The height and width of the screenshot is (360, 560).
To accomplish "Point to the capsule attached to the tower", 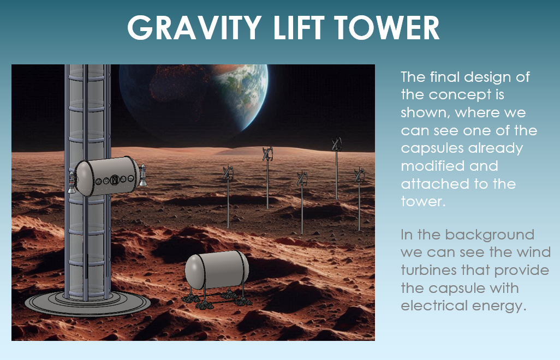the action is click(x=108, y=176).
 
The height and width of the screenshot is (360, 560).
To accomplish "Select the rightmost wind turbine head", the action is click(x=359, y=175).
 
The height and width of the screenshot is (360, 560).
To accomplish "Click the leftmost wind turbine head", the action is click(x=228, y=173).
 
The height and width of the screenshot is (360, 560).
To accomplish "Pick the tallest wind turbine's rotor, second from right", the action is click(x=336, y=145).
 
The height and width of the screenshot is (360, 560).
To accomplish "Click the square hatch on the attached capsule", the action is click(x=115, y=179).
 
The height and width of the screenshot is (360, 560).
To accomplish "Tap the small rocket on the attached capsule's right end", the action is click(x=142, y=176).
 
